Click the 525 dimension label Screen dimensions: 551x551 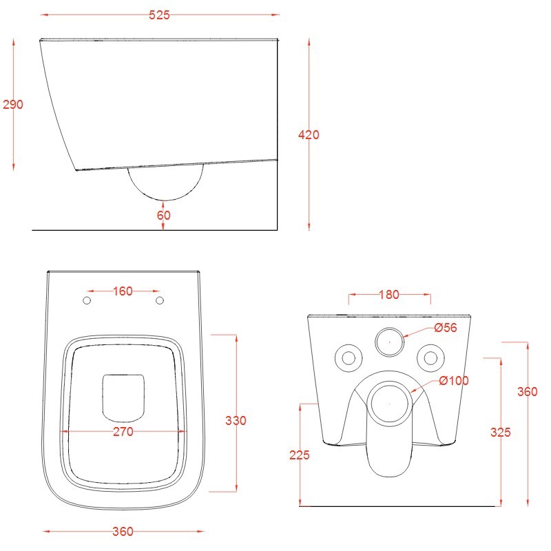159,15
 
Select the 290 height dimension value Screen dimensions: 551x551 13,105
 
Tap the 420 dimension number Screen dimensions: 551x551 308,135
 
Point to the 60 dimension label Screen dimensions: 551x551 164,215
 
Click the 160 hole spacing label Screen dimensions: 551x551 122,291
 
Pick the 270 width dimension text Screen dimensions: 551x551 123,432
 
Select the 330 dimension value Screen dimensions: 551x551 236,420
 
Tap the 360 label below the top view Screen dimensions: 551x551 123,531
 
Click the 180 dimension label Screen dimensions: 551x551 389,295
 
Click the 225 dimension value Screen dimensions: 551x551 300,455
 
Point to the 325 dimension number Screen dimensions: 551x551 501,433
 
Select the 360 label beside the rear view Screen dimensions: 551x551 527,391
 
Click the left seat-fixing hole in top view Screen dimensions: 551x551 86,301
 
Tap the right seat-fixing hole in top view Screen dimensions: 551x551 160,301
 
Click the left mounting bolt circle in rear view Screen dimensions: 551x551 348,357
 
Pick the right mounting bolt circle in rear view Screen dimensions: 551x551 430,357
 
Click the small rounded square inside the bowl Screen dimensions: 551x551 123,397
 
